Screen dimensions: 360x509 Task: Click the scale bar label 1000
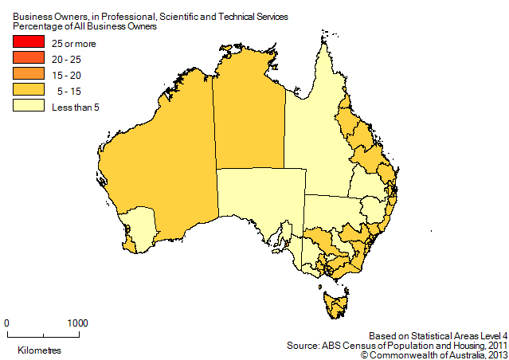pyautogui.click(x=76, y=323)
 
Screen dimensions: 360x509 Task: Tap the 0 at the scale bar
pyautogui.click(x=7, y=323)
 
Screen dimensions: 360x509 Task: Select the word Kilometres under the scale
pyautogui.click(x=35, y=350)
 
